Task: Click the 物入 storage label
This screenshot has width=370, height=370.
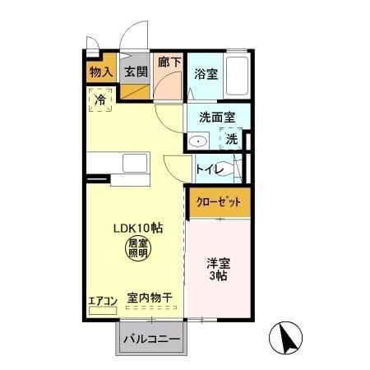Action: coord(100,72)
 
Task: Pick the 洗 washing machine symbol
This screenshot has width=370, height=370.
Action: coord(233,139)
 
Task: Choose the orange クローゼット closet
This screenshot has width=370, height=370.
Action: coord(218,202)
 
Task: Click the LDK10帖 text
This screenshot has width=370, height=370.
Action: coord(137,228)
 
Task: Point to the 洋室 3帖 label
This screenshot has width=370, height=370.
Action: coord(218,270)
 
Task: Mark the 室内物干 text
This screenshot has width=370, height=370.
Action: coord(149,298)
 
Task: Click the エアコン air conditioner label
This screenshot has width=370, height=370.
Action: coord(103,300)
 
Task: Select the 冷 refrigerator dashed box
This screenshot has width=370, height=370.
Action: coord(100,101)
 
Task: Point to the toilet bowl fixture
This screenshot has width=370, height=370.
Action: coord(234,168)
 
